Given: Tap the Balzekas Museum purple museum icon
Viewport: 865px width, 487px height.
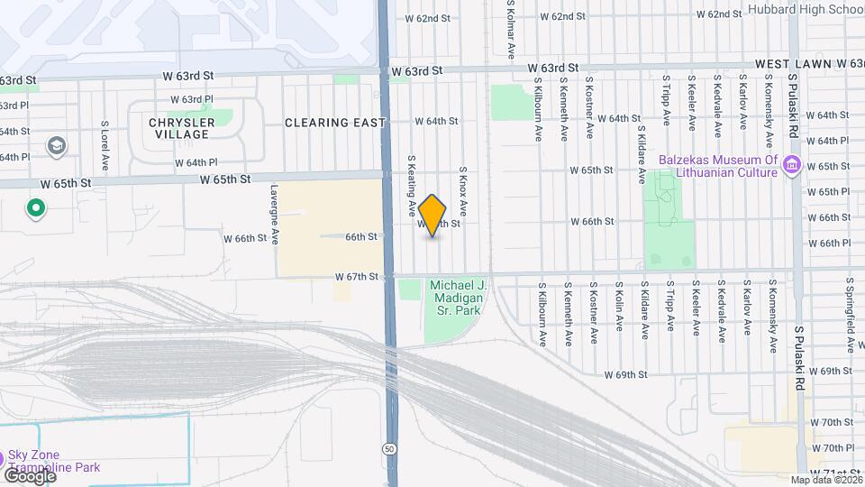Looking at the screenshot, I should tap(793, 164).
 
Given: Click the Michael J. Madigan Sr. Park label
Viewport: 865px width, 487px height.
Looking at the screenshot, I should tap(460, 298).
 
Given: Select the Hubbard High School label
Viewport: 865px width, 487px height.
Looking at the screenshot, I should tap(806, 10).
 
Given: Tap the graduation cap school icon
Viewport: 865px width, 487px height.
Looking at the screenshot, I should tap(56, 146).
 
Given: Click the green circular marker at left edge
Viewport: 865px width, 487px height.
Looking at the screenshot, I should tap(36, 209).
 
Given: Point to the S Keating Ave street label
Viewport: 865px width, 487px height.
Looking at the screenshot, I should tap(411, 185).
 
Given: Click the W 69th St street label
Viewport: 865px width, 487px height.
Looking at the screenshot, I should tap(627, 373).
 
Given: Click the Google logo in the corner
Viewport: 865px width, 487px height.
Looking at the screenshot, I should tap(29, 475).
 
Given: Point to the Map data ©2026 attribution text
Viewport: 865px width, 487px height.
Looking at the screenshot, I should tap(826, 480).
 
